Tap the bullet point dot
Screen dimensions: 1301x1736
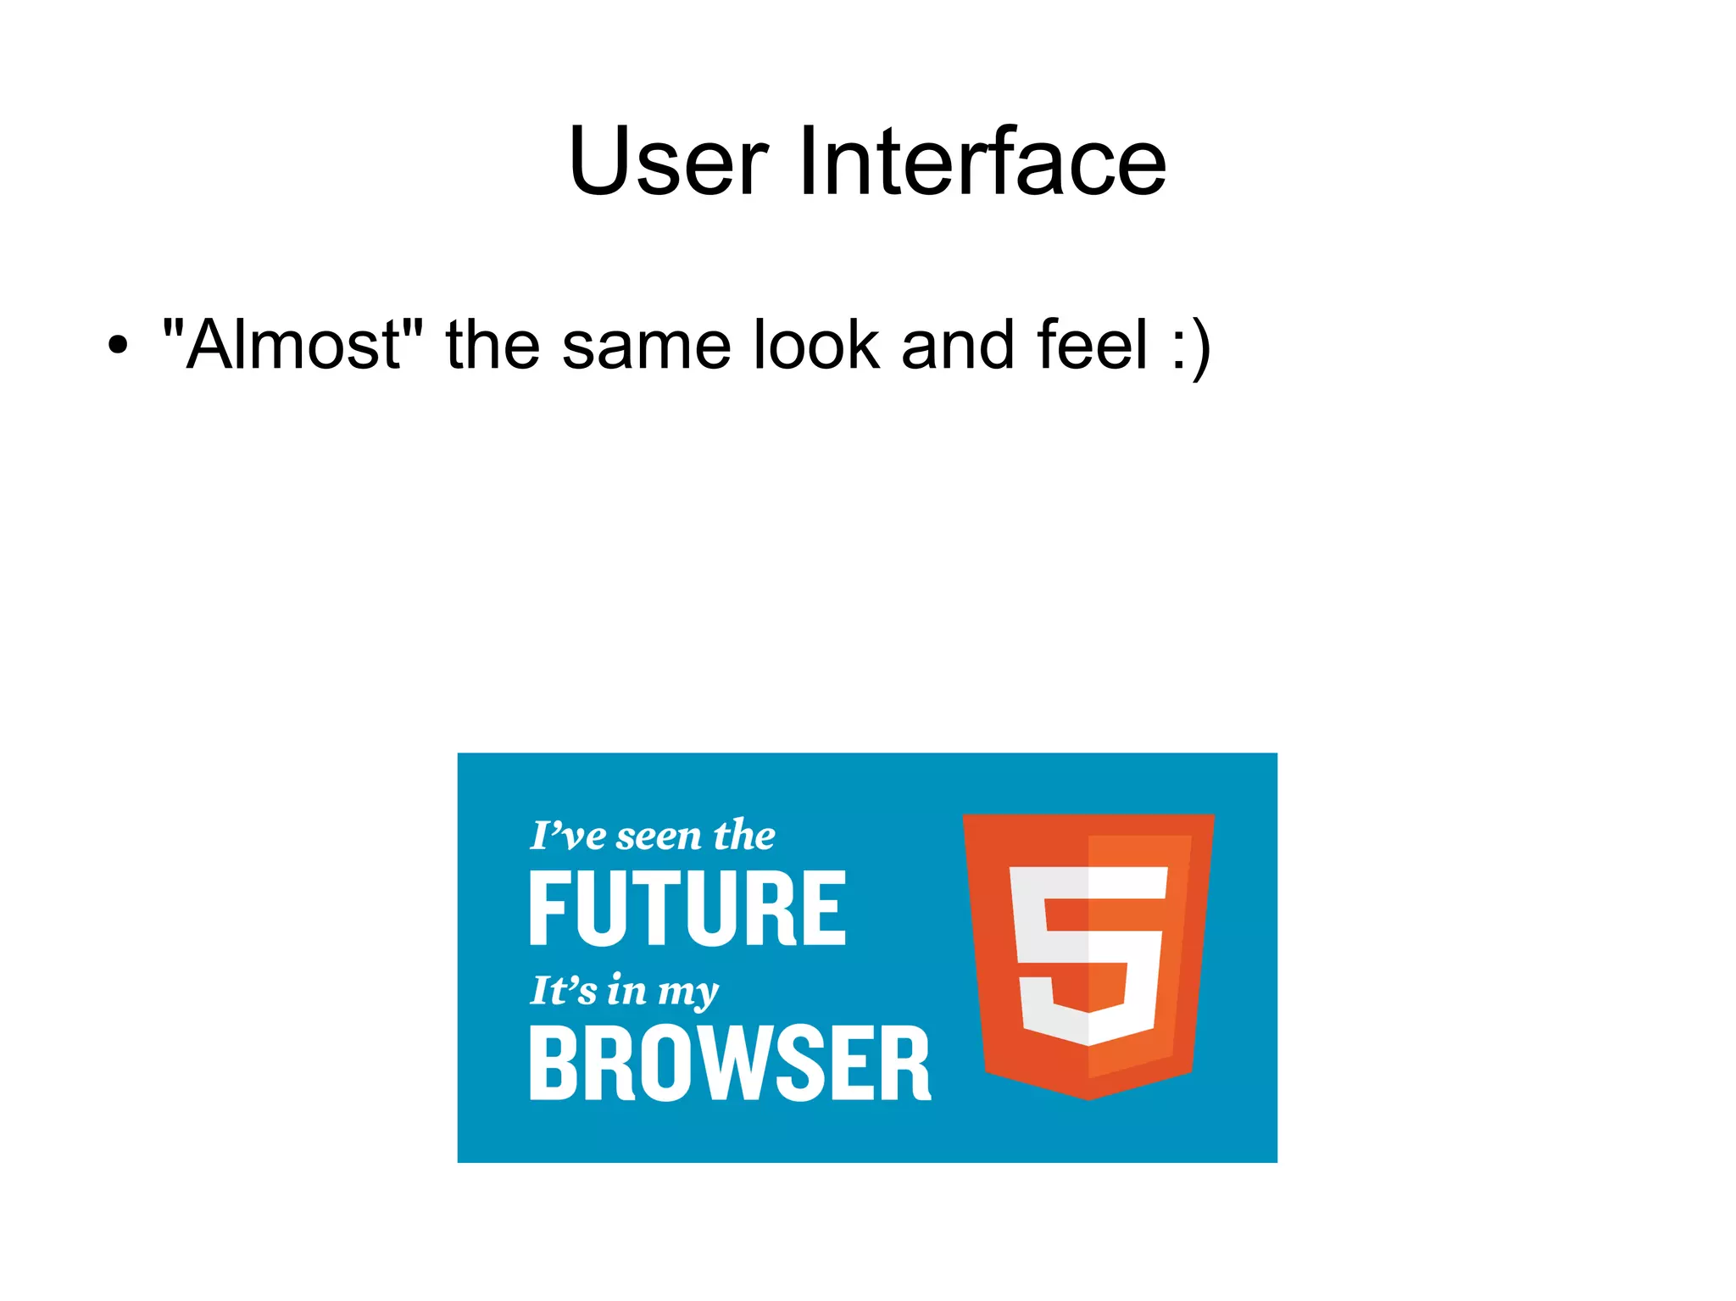[x=119, y=346]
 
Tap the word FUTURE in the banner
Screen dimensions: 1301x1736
[x=687, y=909]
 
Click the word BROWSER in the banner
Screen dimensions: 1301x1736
[x=730, y=1064]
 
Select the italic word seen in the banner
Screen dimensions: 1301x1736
[x=659, y=837]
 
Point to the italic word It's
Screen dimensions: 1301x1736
[x=564, y=990]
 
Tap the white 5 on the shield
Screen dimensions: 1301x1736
[x=1088, y=954]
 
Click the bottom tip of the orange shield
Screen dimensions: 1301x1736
[x=1090, y=1097]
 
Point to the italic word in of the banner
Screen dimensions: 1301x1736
[x=627, y=990]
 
